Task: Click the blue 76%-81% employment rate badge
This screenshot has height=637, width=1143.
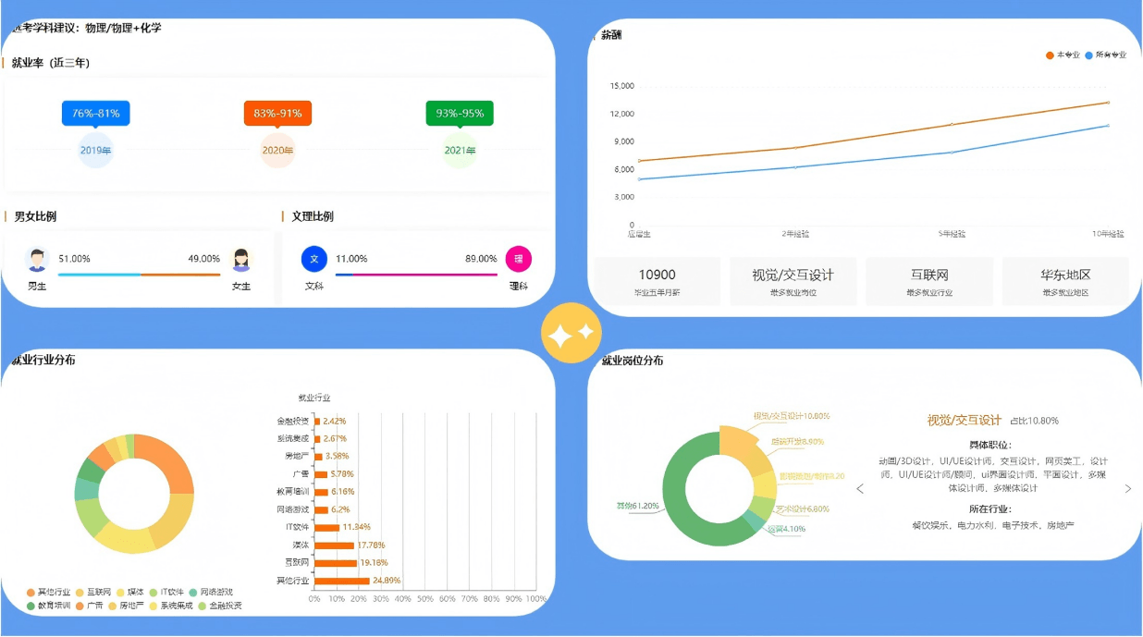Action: [x=96, y=113]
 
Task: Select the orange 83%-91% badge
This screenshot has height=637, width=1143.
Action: [x=277, y=113]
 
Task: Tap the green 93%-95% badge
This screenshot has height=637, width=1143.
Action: [x=460, y=113]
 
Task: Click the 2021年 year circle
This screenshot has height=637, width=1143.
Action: [x=460, y=151]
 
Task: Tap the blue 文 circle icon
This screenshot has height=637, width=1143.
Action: [x=314, y=259]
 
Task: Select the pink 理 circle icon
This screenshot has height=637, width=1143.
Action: [x=519, y=259]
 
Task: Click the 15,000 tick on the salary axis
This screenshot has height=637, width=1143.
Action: [x=621, y=86]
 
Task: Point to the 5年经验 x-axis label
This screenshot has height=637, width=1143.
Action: [x=952, y=234]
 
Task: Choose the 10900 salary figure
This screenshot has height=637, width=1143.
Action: [x=657, y=275]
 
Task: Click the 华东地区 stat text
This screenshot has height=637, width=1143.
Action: [x=1065, y=275]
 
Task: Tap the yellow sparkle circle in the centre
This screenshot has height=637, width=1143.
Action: [x=571, y=333]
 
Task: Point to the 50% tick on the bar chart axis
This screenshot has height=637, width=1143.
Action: [x=425, y=599]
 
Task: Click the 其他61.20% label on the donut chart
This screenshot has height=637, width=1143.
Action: [x=637, y=506]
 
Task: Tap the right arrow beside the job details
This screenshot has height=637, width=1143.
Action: [x=1127, y=489]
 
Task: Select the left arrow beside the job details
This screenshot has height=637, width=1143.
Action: [x=860, y=489]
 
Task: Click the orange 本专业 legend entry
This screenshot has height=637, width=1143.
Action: [x=1063, y=55]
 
